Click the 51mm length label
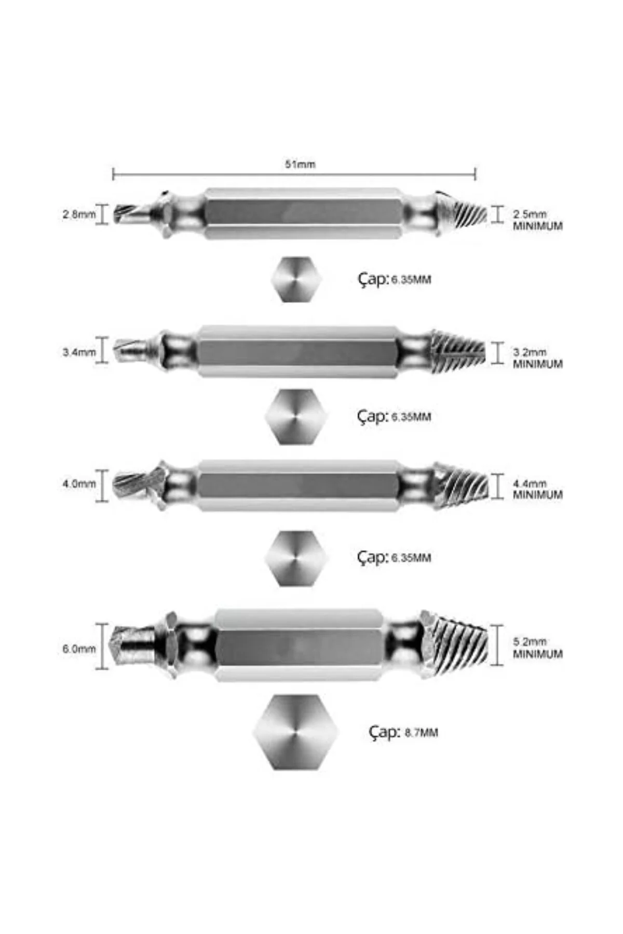[x=300, y=164]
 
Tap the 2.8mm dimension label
[x=79, y=214]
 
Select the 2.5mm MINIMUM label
[x=537, y=220]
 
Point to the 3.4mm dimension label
[x=79, y=352]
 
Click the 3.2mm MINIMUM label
[x=537, y=358]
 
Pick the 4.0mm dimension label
[x=79, y=484]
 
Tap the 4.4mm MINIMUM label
[x=537, y=489]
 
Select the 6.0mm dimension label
[x=79, y=649]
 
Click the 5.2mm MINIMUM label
[x=537, y=648]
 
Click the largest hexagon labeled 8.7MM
[x=295, y=732]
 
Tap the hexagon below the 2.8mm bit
[x=296, y=279]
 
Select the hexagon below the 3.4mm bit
[x=296, y=417]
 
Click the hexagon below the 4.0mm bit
[x=296, y=558]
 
